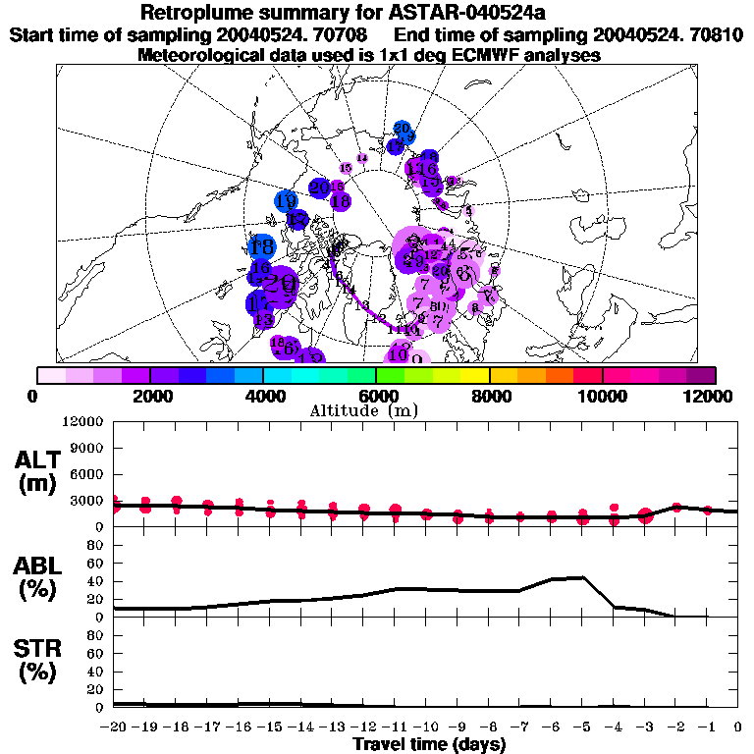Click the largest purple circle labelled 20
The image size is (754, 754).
[282, 284]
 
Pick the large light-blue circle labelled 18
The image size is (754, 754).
[262, 247]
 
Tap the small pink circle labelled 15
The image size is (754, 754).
[346, 168]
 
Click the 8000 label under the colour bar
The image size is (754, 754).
[489, 396]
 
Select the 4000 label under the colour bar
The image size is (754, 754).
[262, 396]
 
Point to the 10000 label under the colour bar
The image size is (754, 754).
[602, 396]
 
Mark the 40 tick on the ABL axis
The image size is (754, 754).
[96, 581]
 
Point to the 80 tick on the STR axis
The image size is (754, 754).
[96, 635]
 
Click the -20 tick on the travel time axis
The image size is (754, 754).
[114, 727]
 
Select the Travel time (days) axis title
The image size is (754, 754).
[429, 745]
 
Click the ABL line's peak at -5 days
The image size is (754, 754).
[583, 577]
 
